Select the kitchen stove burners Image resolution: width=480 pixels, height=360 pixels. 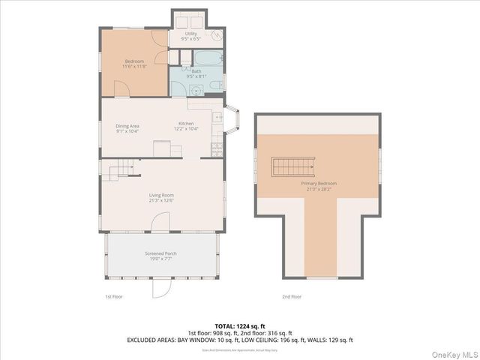[216, 147]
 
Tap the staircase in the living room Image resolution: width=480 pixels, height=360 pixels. [118, 172]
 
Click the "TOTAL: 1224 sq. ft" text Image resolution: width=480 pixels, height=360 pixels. [240, 325]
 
